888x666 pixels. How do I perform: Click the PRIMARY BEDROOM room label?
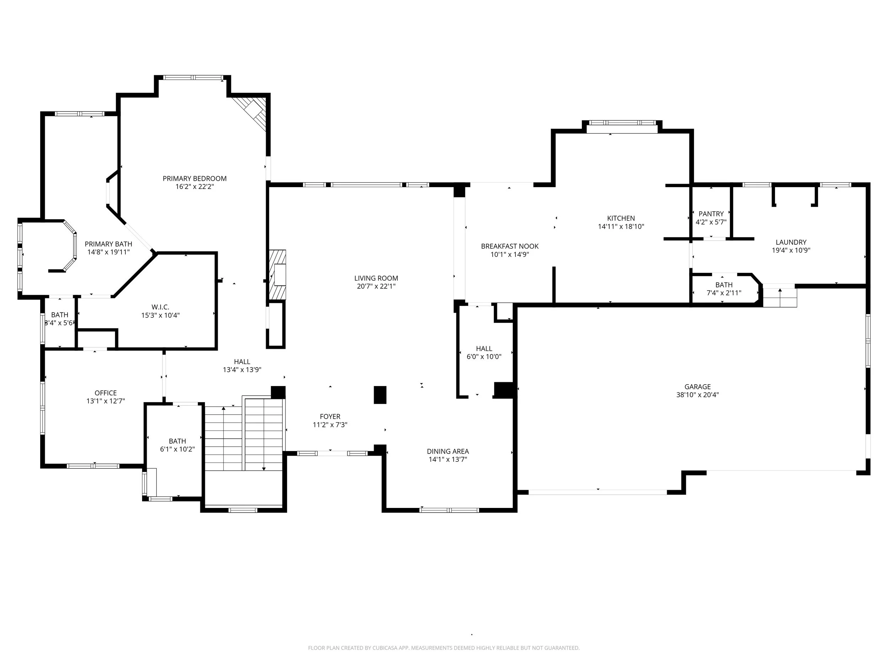click(x=194, y=179)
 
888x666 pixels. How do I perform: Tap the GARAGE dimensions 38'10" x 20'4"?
click(x=697, y=395)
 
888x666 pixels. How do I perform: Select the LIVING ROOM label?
click(x=376, y=278)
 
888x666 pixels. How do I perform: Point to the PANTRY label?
click(x=711, y=214)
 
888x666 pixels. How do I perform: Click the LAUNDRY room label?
click(x=791, y=242)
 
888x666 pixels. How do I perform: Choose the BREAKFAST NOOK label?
click(x=510, y=246)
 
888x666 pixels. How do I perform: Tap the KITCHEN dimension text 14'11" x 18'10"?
click(x=621, y=226)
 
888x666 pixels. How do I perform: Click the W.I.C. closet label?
click(x=160, y=307)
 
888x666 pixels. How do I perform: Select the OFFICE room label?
click(x=105, y=393)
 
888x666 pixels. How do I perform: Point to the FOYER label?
click(x=330, y=417)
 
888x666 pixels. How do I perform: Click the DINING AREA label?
click(x=448, y=451)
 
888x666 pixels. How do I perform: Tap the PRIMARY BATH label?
click(x=108, y=244)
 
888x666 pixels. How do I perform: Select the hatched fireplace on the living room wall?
click(x=277, y=275)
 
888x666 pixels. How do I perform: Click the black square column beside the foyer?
click(x=380, y=395)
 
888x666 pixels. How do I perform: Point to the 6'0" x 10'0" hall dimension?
click(x=484, y=357)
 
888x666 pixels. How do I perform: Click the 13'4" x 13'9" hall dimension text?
click(x=242, y=370)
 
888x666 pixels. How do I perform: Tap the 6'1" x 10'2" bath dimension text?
click(x=178, y=449)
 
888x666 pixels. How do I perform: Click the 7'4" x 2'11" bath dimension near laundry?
click(x=724, y=293)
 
